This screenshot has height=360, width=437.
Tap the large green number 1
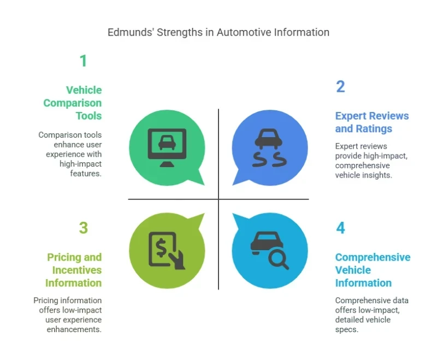click(83, 61)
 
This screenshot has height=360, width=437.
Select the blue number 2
click(340, 87)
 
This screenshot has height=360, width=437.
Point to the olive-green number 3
click(83, 228)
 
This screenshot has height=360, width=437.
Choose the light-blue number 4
click(340, 228)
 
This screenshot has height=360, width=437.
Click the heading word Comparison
click(73, 103)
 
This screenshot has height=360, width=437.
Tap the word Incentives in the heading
click(77, 270)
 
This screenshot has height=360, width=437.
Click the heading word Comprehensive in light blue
click(373, 257)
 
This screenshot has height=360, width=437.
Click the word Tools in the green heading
click(88, 116)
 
